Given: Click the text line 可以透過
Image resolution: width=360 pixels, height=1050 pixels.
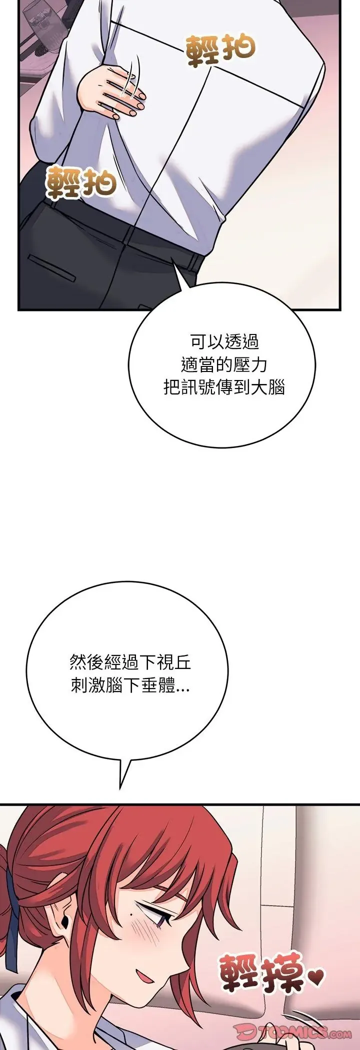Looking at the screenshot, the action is tap(224, 342).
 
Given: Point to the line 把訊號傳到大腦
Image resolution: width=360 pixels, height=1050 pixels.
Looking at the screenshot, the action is tap(224, 387).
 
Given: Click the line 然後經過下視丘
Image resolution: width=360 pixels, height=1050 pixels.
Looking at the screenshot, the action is tap(130, 663).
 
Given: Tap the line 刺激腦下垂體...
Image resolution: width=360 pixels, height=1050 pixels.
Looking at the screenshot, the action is tap(130, 685).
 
